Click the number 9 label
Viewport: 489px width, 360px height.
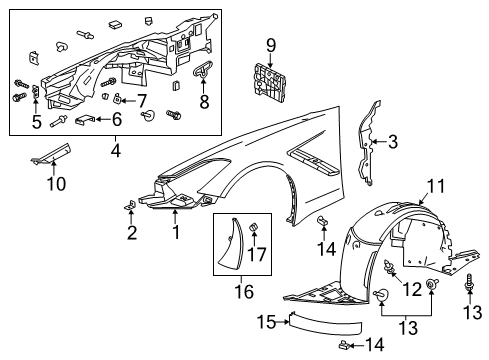pyautogui.click(x=270, y=43)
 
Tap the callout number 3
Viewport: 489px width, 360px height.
pyautogui.click(x=393, y=142)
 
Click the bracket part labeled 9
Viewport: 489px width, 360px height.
pyautogui.click(x=266, y=79)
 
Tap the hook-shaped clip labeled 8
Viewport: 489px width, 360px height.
pyautogui.click(x=206, y=69)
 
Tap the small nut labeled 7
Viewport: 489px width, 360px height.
pyautogui.click(x=118, y=99)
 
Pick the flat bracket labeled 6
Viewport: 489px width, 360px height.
pyautogui.click(x=91, y=119)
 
